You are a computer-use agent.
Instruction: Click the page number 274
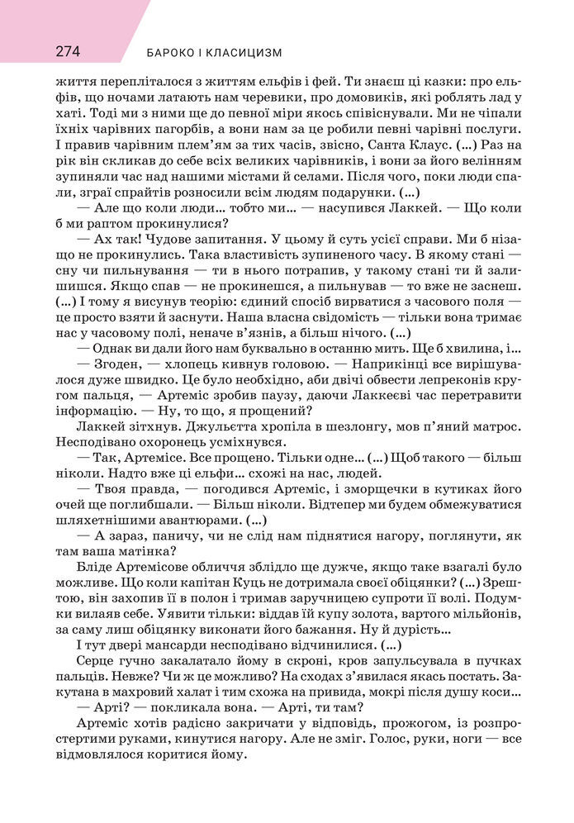click(68, 50)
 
